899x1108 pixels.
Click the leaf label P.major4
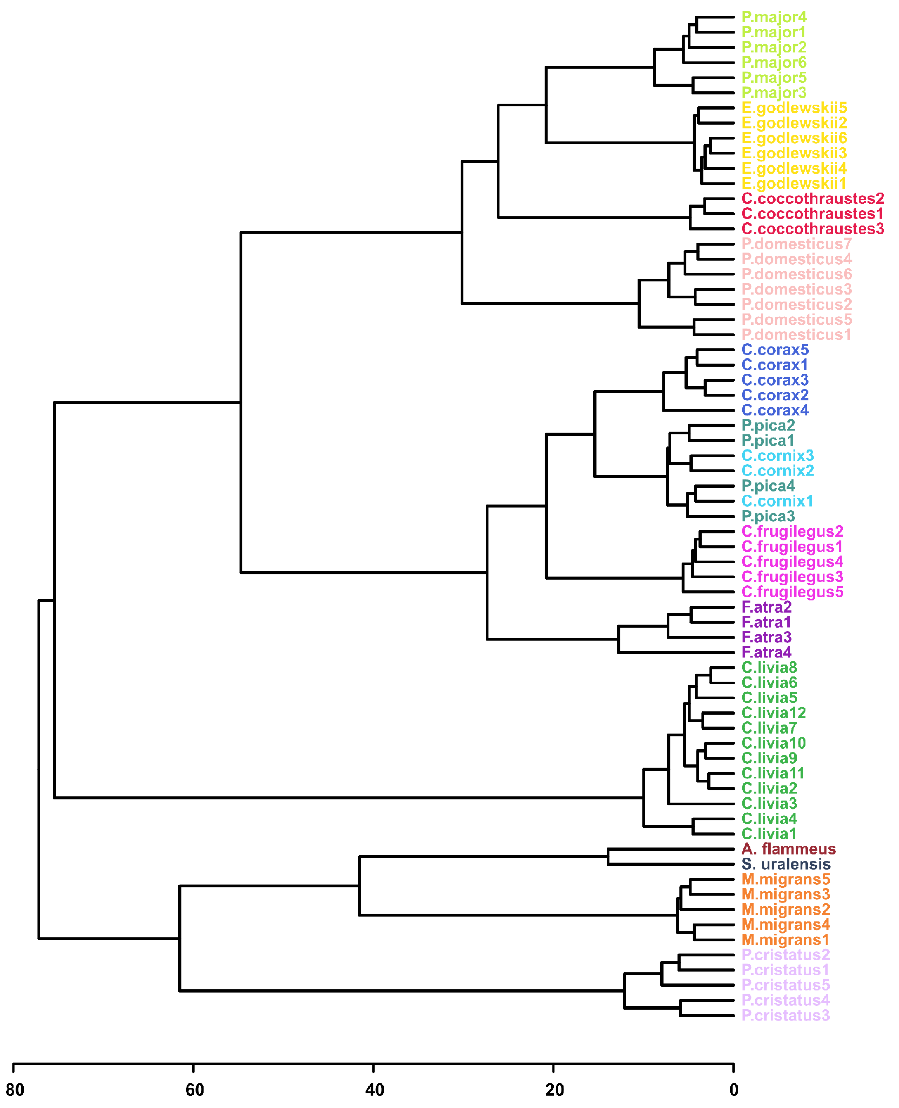tap(774, 17)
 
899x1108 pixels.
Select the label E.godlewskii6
tap(794, 138)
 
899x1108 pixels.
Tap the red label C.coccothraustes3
tap(813, 229)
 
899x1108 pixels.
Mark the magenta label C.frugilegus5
tap(792, 592)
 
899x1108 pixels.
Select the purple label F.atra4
tap(766, 652)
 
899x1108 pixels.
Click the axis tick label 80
tap(14, 1090)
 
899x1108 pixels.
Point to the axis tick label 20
tap(554, 1090)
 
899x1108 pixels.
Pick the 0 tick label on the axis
tap(733, 1090)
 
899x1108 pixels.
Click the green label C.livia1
tap(768, 834)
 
